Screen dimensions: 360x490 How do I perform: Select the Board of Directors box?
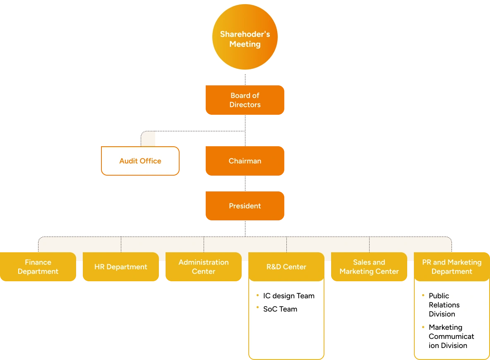click(245, 100)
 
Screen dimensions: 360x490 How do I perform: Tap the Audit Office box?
click(140, 161)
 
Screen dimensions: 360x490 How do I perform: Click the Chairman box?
click(245, 161)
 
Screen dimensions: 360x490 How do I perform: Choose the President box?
click(245, 206)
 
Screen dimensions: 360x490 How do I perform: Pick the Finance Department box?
click(38, 267)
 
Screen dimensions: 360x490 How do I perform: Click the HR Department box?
click(121, 267)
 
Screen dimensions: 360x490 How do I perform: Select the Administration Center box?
click(204, 267)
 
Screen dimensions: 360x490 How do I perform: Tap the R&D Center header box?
click(286, 267)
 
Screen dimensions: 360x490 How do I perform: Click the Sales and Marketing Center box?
click(369, 267)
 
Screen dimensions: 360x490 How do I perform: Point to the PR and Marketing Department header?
click(452, 267)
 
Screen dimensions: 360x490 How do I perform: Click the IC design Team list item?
click(288, 296)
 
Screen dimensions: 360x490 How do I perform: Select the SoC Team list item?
click(280, 309)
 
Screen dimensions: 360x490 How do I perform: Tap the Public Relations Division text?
click(444, 305)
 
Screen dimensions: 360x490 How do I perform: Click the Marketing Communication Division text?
click(451, 336)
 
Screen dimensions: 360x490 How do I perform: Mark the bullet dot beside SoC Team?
click(258, 308)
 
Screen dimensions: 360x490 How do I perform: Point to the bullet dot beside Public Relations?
click(423, 295)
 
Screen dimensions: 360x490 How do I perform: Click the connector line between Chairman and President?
click(247, 183)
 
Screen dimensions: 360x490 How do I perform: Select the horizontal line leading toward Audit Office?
click(199, 131)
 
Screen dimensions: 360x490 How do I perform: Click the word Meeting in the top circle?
click(245, 44)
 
